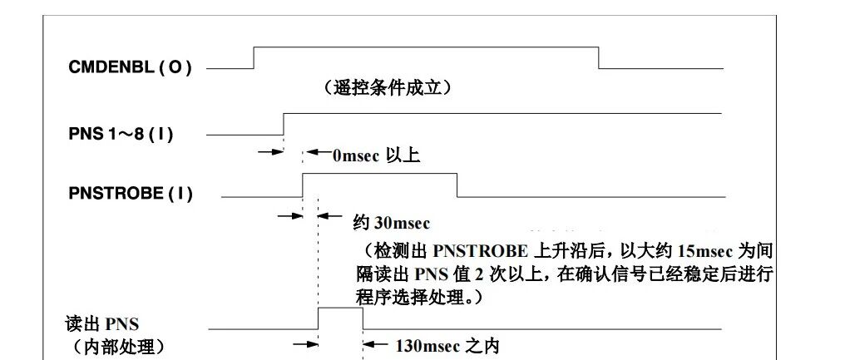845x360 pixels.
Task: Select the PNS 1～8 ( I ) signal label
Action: [121, 132]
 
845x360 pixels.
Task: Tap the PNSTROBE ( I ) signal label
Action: [131, 195]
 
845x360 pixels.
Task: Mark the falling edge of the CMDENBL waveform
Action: [599, 57]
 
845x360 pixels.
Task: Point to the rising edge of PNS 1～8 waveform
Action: [284, 123]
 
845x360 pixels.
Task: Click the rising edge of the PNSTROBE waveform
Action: [302, 185]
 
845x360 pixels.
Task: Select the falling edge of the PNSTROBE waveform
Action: [456, 185]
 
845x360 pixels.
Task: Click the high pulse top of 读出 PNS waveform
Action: [340, 308]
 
